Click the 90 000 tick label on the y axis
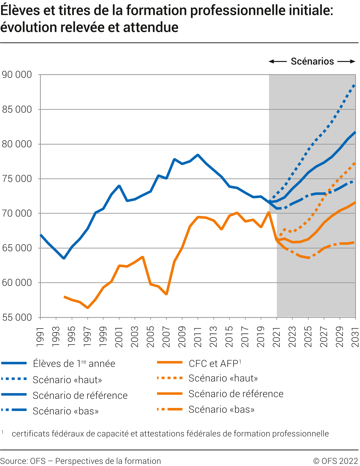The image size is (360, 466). (17, 75)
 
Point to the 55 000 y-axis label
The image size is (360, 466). (17, 318)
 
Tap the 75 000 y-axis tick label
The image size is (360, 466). (17, 179)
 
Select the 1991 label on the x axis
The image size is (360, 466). (40, 337)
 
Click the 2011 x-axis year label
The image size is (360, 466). (198, 337)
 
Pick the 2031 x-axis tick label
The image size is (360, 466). (355, 337)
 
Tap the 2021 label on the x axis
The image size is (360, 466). (277, 337)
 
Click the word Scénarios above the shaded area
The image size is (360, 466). (312, 62)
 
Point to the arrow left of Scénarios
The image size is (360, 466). (278, 62)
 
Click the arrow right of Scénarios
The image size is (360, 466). (346, 62)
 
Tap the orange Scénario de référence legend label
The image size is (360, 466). (236, 394)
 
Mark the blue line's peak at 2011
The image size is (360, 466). (198, 155)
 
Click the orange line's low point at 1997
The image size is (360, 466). (88, 308)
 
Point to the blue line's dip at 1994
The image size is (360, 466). (64, 258)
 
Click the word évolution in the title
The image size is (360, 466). (29, 28)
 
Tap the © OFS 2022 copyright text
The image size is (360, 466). (335, 461)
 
